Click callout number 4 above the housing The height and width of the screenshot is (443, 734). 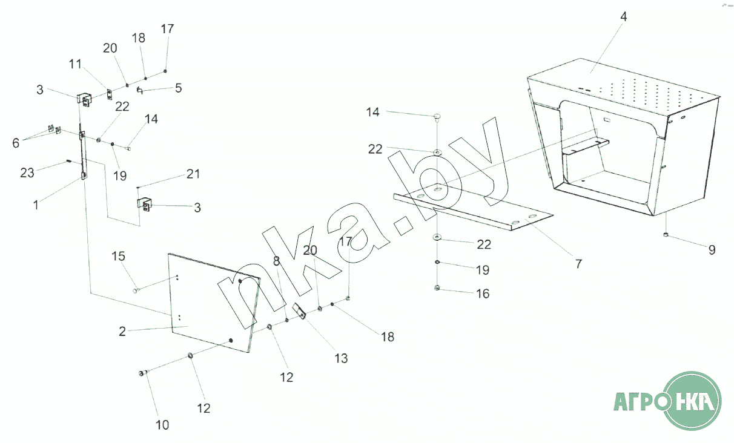tap(623, 16)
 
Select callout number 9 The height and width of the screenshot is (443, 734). tap(712, 249)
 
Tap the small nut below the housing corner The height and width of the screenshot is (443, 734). tap(666, 235)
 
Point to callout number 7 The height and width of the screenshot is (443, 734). tap(578, 263)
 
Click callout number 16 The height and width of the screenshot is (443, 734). tap(482, 294)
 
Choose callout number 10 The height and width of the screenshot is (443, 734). tap(162, 424)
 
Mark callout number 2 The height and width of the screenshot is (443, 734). tap(122, 331)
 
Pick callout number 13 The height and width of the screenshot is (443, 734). tap(341, 358)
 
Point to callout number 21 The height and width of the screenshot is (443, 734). tap(193, 174)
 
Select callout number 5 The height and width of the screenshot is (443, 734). tap(178, 88)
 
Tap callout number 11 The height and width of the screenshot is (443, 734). tap(75, 63)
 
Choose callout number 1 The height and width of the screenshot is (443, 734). tap(36, 205)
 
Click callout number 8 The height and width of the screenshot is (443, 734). tap(277, 261)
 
